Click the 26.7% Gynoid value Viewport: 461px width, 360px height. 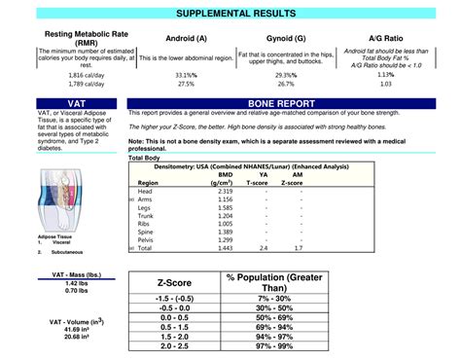[285, 84]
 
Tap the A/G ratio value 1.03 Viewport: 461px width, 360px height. [386, 84]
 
